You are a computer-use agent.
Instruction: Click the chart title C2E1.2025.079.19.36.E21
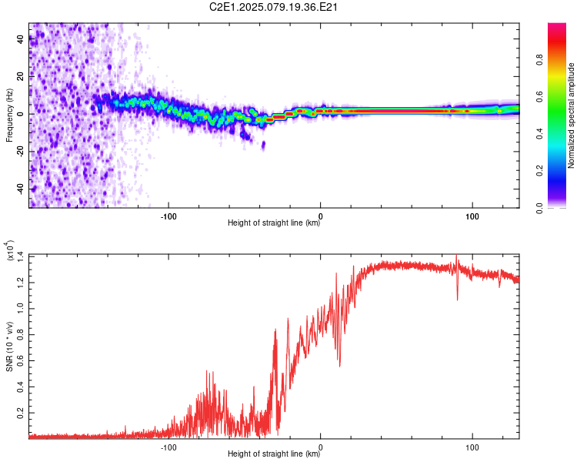[273, 7]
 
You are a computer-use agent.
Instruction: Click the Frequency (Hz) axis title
[9, 115]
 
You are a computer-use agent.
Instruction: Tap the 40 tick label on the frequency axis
[21, 38]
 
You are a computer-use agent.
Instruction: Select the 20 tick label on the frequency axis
[21, 76]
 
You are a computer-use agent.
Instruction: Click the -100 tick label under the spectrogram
[168, 216]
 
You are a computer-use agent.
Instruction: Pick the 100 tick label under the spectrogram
[472, 216]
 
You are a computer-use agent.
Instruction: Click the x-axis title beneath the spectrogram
[274, 223]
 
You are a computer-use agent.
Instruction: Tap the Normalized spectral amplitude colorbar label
[571, 115]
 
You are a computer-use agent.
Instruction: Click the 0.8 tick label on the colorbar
[540, 60]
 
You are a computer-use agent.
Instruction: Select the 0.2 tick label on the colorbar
[540, 171]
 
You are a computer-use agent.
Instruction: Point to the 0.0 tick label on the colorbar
[540, 208]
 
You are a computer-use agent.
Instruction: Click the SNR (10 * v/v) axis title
[9, 346]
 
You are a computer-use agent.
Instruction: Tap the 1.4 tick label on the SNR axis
[21, 256]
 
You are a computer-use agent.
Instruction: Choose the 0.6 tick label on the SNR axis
[21, 360]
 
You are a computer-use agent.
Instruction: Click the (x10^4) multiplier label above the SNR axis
[10, 250]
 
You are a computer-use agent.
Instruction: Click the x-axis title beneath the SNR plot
[274, 454]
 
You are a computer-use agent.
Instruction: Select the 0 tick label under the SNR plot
[320, 447]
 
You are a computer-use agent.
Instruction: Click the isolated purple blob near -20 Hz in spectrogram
[263, 146]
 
